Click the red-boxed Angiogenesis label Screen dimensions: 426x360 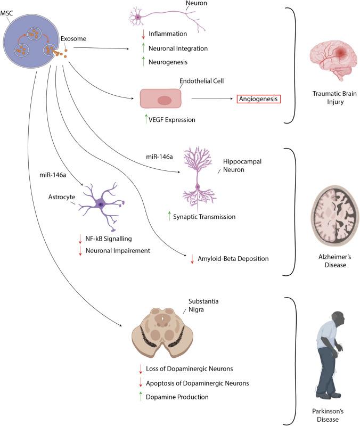click(x=258, y=99)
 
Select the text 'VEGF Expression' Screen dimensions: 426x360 click(x=171, y=120)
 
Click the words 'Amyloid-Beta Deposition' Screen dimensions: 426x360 click(x=233, y=259)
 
